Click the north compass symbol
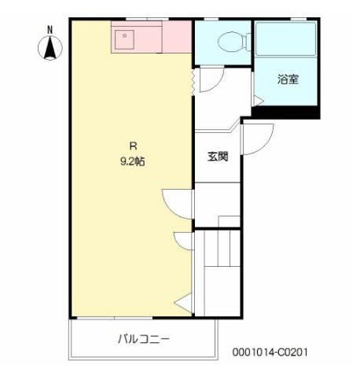(x=50, y=48)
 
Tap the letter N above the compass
(x=50, y=30)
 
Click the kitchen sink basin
(x=124, y=40)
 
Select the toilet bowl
(x=230, y=41)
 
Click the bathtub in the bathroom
(x=286, y=39)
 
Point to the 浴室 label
(x=288, y=79)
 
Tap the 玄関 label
(x=218, y=157)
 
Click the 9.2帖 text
(x=133, y=162)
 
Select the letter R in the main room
(x=133, y=146)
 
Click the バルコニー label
(x=144, y=339)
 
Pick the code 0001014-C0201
(x=270, y=352)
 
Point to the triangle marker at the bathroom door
(x=258, y=101)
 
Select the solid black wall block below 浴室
(x=285, y=113)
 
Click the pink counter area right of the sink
(x=177, y=37)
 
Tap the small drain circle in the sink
(x=125, y=35)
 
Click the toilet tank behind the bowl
(x=248, y=42)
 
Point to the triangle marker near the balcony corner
(x=184, y=303)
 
